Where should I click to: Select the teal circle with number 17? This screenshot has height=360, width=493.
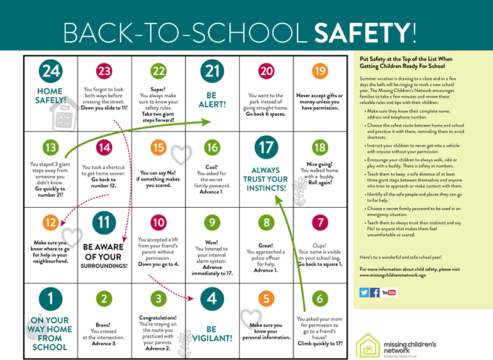tap(266, 149)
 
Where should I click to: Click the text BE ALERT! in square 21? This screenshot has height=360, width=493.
tap(212, 99)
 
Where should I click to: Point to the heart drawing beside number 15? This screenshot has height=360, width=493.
tap(179, 152)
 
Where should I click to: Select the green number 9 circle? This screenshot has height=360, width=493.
tap(212, 221)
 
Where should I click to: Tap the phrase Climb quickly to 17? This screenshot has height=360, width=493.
tap(319, 343)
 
